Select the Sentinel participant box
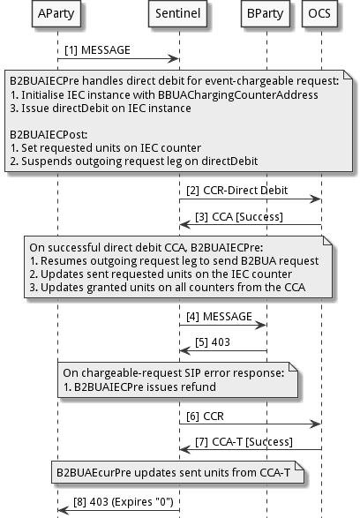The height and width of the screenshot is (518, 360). tap(179, 16)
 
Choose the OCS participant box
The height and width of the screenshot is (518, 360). tap(320, 16)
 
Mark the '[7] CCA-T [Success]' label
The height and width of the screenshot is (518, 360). tap(234, 440)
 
